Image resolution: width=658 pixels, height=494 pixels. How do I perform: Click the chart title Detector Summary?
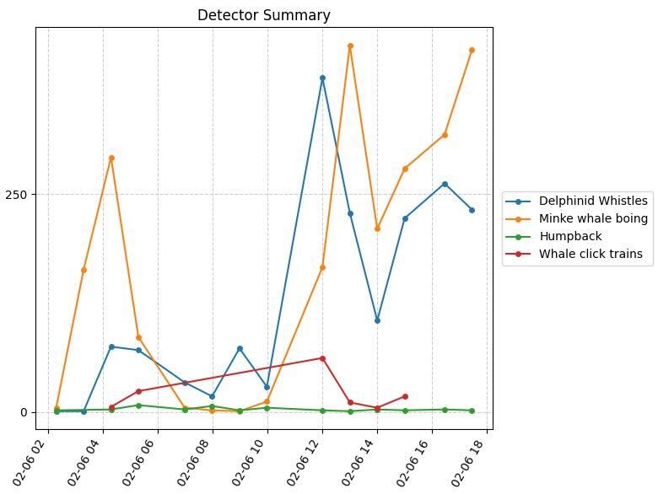pos(263,15)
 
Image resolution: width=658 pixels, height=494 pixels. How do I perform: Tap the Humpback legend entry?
pos(570,236)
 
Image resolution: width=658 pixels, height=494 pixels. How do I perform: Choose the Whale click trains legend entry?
pos(591,254)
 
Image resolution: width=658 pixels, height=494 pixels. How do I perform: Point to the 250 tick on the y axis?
pos(18,195)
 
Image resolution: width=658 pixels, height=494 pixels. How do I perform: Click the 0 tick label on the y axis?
pos(24,412)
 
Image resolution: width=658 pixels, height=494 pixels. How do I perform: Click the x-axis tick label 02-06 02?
pos(32,462)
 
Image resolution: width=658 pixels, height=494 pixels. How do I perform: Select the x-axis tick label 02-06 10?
pos(251,462)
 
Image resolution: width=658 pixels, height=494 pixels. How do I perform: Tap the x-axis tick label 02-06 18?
pos(471,462)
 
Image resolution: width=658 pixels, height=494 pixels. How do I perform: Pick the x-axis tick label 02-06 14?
pos(361,462)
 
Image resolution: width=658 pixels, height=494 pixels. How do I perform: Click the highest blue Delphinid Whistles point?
pos(322,78)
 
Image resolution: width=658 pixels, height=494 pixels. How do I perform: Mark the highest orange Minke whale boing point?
pos(350,46)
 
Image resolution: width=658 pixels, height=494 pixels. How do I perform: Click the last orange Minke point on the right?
pos(472,51)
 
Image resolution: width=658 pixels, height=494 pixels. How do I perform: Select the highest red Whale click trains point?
pos(322,358)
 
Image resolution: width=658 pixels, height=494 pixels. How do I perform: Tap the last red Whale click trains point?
pos(405,396)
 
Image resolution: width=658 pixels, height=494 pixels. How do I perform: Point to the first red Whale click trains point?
pos(111,407)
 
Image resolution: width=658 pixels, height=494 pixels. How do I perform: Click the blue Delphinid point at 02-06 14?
pos(377,320)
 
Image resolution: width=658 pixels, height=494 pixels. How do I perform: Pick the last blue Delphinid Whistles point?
pos(472,210)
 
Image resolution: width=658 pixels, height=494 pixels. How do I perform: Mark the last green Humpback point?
pos(472,411)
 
